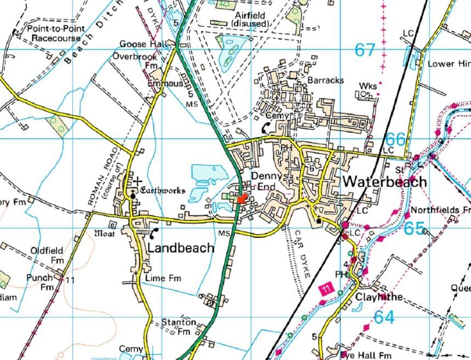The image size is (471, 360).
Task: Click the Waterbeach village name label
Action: click(384, 182)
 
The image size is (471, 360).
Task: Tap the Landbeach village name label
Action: click(181, 248)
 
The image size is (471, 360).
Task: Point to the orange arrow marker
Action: click(242, 198)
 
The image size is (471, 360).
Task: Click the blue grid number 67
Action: click(365, 50)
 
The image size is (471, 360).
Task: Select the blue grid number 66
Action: click(396, 139)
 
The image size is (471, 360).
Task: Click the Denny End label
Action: click(266, 180)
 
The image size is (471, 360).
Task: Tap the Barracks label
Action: click(325, 80)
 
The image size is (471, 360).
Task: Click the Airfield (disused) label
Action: click(250, 20)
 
